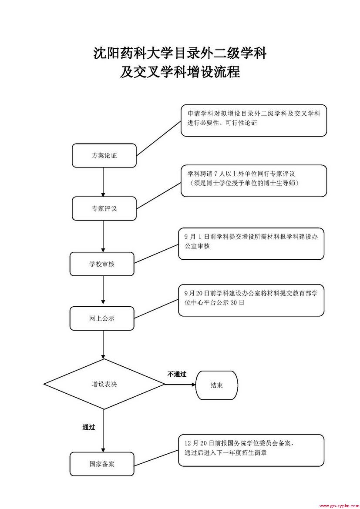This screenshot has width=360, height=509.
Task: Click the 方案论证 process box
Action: tap(104, 156)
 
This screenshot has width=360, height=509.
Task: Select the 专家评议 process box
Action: tap(104, 208)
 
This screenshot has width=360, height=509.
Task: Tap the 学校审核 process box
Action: tap(102, 264)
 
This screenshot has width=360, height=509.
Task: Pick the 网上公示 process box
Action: tap(102, 318)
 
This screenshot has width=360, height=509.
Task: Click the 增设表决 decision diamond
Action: tap(104, 384)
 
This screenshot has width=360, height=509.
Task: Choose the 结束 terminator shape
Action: tap(217, 385)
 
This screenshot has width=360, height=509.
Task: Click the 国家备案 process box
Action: tap(102, 464)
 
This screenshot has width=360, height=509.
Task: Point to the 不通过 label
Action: tap(177, 374)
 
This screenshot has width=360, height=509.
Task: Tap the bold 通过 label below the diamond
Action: tap(89, 427)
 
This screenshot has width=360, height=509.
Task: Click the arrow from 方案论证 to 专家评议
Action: tap(104, 182)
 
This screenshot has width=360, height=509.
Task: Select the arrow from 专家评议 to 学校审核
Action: tap(104, 236)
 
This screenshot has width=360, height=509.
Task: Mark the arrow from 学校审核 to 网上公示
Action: tap(103, 291)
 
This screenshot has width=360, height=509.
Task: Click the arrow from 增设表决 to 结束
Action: tap(180, 385)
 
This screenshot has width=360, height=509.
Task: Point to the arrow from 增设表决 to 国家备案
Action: tap(103, 431)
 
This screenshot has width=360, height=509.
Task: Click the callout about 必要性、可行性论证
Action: tap(254, 120)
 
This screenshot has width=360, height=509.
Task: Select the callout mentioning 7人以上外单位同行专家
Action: tap(254, 181)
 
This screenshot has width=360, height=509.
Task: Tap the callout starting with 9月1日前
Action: tap(251, 243)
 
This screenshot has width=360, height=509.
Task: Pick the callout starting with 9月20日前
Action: tap(251, 300)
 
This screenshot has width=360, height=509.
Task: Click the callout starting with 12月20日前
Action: tap(251, 450)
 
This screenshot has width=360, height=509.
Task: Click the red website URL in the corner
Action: tap(338, 506)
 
